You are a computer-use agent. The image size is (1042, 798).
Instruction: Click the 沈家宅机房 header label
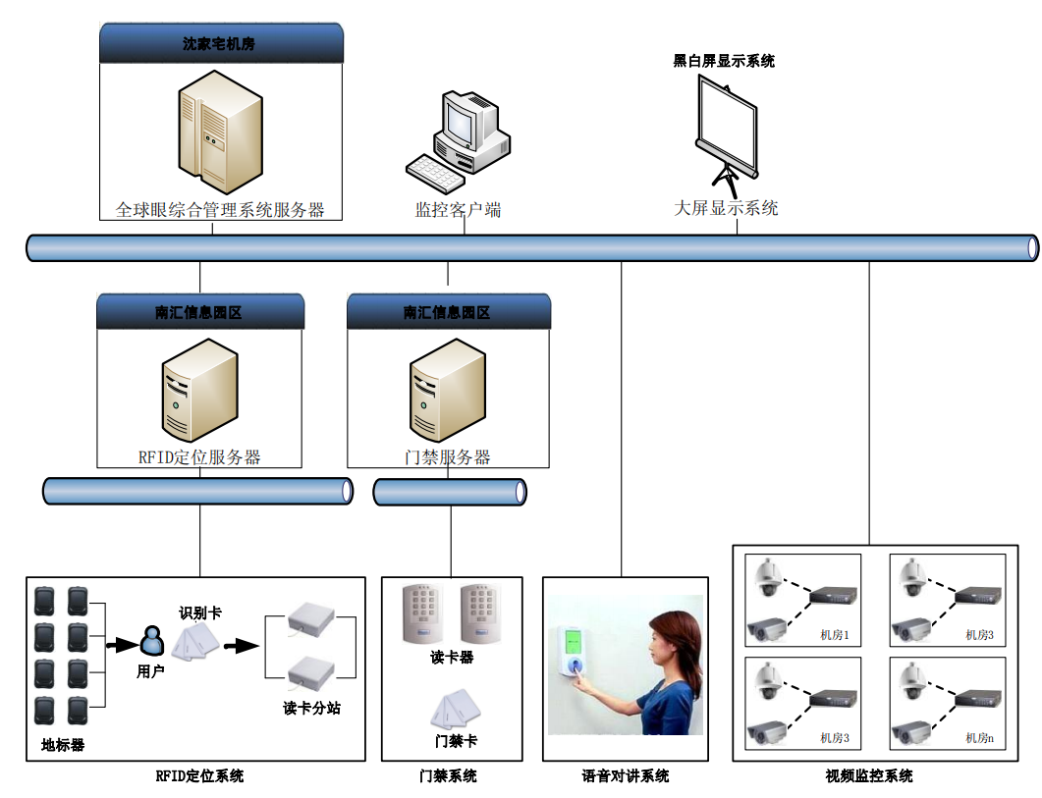tap(221, 44)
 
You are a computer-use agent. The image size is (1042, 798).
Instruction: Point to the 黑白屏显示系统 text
tap(724, 61)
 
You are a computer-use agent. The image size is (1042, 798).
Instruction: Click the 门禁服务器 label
tap(448, 457)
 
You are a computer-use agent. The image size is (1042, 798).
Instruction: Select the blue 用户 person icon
tap(151, 642)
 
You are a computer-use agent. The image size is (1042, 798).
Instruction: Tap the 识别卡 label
tap(199, 612)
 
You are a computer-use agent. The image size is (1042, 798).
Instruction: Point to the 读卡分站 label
tap(311, 708)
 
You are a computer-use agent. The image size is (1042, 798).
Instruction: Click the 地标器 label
tap(63, 744)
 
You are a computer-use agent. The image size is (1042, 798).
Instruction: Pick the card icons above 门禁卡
tap(455, 710)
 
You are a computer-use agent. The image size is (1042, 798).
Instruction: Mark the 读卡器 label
tap(452, 657)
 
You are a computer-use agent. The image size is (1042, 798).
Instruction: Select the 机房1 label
tap(835, 635)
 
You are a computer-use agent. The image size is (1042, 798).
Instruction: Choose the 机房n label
tap(979, 737)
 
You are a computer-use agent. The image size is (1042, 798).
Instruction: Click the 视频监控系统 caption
tap(869, 775)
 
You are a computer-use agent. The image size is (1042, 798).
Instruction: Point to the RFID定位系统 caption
tap(199, 775)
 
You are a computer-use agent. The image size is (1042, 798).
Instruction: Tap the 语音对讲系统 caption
tap(625, 775)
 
